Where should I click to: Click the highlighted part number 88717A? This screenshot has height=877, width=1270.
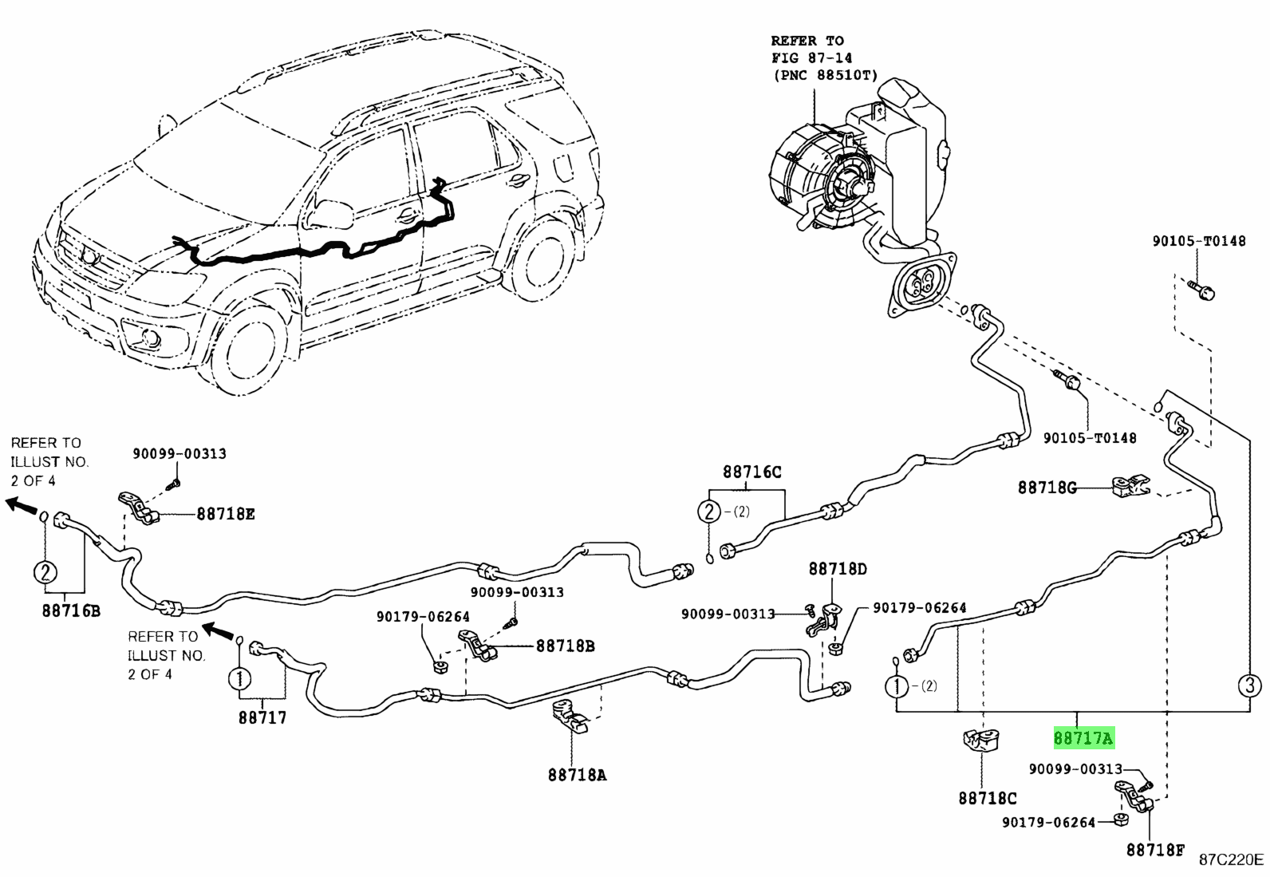(x=1083, y=739)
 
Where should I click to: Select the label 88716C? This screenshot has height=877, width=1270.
(x=752, y=472)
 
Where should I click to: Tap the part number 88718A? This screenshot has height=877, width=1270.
(x=576, y=774)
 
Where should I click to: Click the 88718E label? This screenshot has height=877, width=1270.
(x=226, y=514)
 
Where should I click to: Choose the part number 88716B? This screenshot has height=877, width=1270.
(x=72, y=612)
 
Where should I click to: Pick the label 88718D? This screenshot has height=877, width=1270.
(x=837, y=569)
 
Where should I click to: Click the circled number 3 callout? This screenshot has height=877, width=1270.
(x=1249, y=685)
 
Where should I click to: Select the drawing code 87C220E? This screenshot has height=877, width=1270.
(x=1232, y=859)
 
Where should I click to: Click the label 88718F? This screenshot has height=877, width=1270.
(x=1154, y=850)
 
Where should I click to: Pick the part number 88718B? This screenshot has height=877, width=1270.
(x=565, y=646)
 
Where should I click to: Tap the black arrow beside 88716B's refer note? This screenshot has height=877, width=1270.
(x=20, y=504)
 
